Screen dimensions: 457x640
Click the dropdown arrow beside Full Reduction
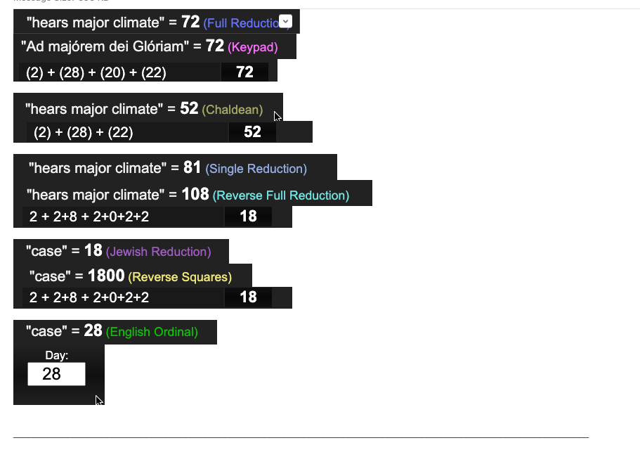point(285,22)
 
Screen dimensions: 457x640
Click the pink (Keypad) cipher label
point(253,48)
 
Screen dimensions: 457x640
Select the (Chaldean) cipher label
point(232,110)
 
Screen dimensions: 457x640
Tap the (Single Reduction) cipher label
point(256,169)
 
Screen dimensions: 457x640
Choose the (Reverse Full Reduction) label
point(281,195)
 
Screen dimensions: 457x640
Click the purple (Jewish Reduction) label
point(158,252)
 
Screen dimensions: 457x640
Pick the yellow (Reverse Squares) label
point(180,277)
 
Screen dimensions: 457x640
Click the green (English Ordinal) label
point(152,332)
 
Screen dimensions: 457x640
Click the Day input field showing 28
point(56,374)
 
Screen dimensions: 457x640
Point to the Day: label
point(56,356)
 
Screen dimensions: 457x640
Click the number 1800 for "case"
point(106,276)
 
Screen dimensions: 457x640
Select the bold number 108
point(195,194)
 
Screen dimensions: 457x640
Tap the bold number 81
point(192,167)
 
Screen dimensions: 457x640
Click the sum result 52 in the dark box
point(252,132)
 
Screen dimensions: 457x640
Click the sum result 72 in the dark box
point(244,72)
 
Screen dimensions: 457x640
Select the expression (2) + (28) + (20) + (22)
point(96,72)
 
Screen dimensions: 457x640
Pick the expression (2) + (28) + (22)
point(84,132)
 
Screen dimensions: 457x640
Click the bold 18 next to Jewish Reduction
point(93,250)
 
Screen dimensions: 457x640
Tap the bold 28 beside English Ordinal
point(93,330)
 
